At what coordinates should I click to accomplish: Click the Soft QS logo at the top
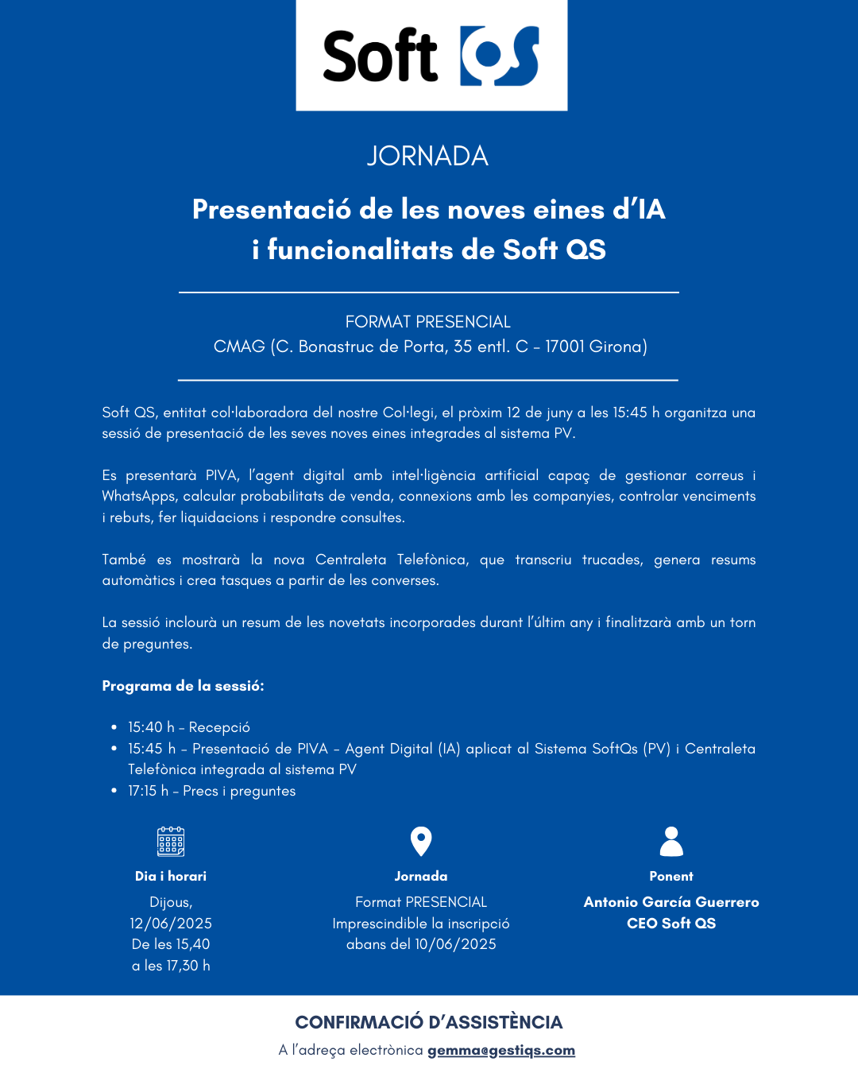[431, 56]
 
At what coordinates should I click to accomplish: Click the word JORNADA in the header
[427, 156]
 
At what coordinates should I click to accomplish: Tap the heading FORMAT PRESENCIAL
[427, 322]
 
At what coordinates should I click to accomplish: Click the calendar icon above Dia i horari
[171, 841]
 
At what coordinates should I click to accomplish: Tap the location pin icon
[421, 841]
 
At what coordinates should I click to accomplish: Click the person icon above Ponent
[671, 841]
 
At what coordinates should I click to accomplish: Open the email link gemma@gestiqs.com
[501, 1050]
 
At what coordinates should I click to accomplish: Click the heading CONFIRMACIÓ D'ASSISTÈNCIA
[429, 1022]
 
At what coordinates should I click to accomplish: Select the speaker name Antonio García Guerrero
[671, 902]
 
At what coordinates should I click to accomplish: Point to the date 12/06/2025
[171, 924]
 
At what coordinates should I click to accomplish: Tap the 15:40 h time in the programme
[151, 727]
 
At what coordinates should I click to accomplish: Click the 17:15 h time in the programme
[148, 791]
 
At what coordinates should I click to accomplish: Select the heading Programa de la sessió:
[183, 686]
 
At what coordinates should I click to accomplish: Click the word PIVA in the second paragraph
[221, 475]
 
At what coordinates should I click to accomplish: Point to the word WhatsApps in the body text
[137, 496]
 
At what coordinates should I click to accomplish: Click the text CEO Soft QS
[671, 924]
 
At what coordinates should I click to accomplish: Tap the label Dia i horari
[171, 876]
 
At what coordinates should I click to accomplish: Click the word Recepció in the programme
[219, 727]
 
